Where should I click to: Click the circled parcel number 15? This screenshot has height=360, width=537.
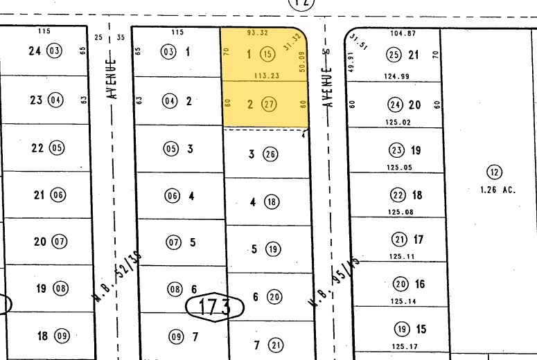tap(267, 54)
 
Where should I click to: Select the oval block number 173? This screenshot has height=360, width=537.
tap(213, 307)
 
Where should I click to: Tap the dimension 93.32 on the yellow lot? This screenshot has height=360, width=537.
tap(258, 33)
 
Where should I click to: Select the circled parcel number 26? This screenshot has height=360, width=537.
tap(270, 154)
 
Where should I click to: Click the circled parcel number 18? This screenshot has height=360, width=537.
tap(272, 202)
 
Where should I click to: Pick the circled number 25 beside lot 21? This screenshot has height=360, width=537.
tap(394, 55)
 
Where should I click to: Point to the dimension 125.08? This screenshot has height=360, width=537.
tap(401, 212)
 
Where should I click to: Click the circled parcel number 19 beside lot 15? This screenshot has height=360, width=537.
tap(402, 329)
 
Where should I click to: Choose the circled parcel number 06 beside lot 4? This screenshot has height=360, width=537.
tap(172, 196)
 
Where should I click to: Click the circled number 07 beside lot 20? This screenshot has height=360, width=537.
tap(60, 242)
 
